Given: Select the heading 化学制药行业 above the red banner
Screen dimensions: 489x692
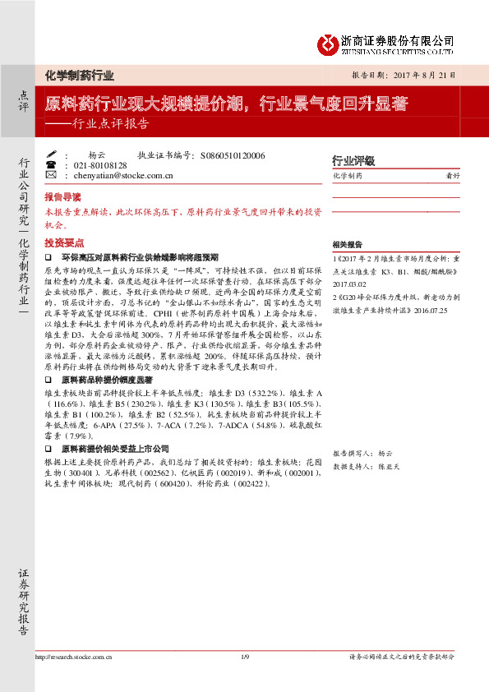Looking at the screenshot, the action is [x=80, y=75].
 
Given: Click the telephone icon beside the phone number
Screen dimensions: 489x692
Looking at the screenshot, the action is [x=51, y=164].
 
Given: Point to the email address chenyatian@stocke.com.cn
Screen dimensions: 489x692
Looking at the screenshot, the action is [x=123, y=175].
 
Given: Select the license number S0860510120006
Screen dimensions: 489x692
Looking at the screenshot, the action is [x=232, y=155].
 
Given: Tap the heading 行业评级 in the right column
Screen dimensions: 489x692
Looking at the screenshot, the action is [x=353, y=160].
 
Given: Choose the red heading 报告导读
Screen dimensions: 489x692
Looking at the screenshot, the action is [x=63, y=197].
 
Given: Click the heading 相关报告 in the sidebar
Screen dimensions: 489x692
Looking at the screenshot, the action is [x=348, y=245].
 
